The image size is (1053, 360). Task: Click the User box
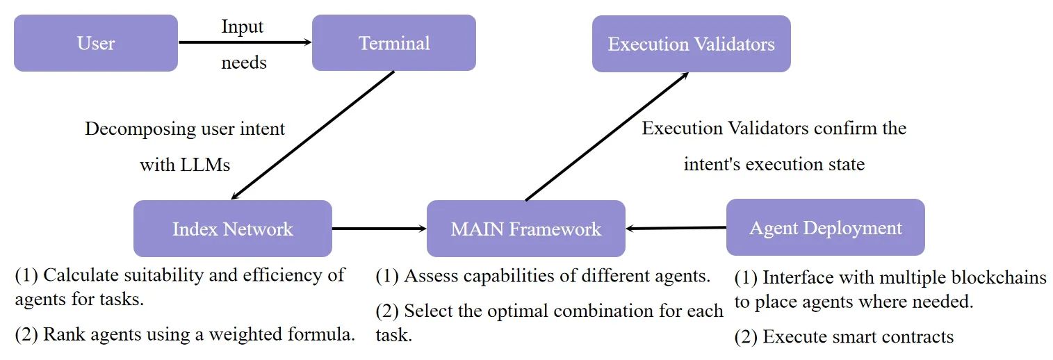pyautogui.click(x=96, y=43)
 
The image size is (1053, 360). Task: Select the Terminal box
pyautogui.click(x=394, y=43)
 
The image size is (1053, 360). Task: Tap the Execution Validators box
pyautogui.click(x=691, y=44)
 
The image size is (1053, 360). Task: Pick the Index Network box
pyautogui.click(x=233, y=229)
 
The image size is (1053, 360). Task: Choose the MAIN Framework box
pyautogui.click(x=526, y=229)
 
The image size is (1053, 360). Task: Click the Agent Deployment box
pyautogui.click(x=826, y=227)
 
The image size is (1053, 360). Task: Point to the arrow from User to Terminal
pyautogui.click(x=245, y=42)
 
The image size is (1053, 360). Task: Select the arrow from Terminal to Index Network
pyautogui.click(x=313, y=136)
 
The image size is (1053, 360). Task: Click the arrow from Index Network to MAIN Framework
pyautogui.click(x=379, y=229)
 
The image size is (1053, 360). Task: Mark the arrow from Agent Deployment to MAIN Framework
pyautogui.click(x=676, y=229)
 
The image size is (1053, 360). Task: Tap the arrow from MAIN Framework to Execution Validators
pyautogui.click(x=607, y=136)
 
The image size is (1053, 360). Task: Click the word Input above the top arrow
pyautogui.click(x=242, y=27)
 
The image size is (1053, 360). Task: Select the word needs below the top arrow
pyautogui.click(x=244, y=63)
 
